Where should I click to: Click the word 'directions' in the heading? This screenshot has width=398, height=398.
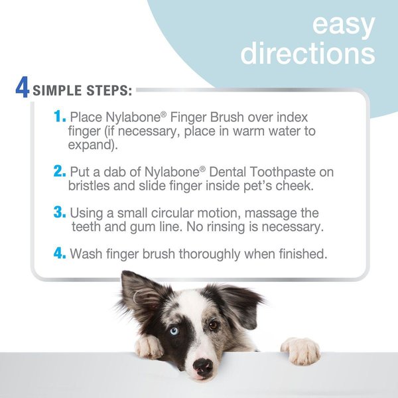[x=307, y=53]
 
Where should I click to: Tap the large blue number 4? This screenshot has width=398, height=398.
[x=23, y=89]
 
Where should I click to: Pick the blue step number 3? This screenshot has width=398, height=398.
[x=60, y=212]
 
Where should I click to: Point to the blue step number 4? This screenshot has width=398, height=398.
[x=60, y=253]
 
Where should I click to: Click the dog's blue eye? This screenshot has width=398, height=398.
[x=173, y=330]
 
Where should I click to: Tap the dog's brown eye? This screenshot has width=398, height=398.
[x=214, y=325]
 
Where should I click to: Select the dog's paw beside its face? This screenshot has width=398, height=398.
[x=149, y=346]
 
